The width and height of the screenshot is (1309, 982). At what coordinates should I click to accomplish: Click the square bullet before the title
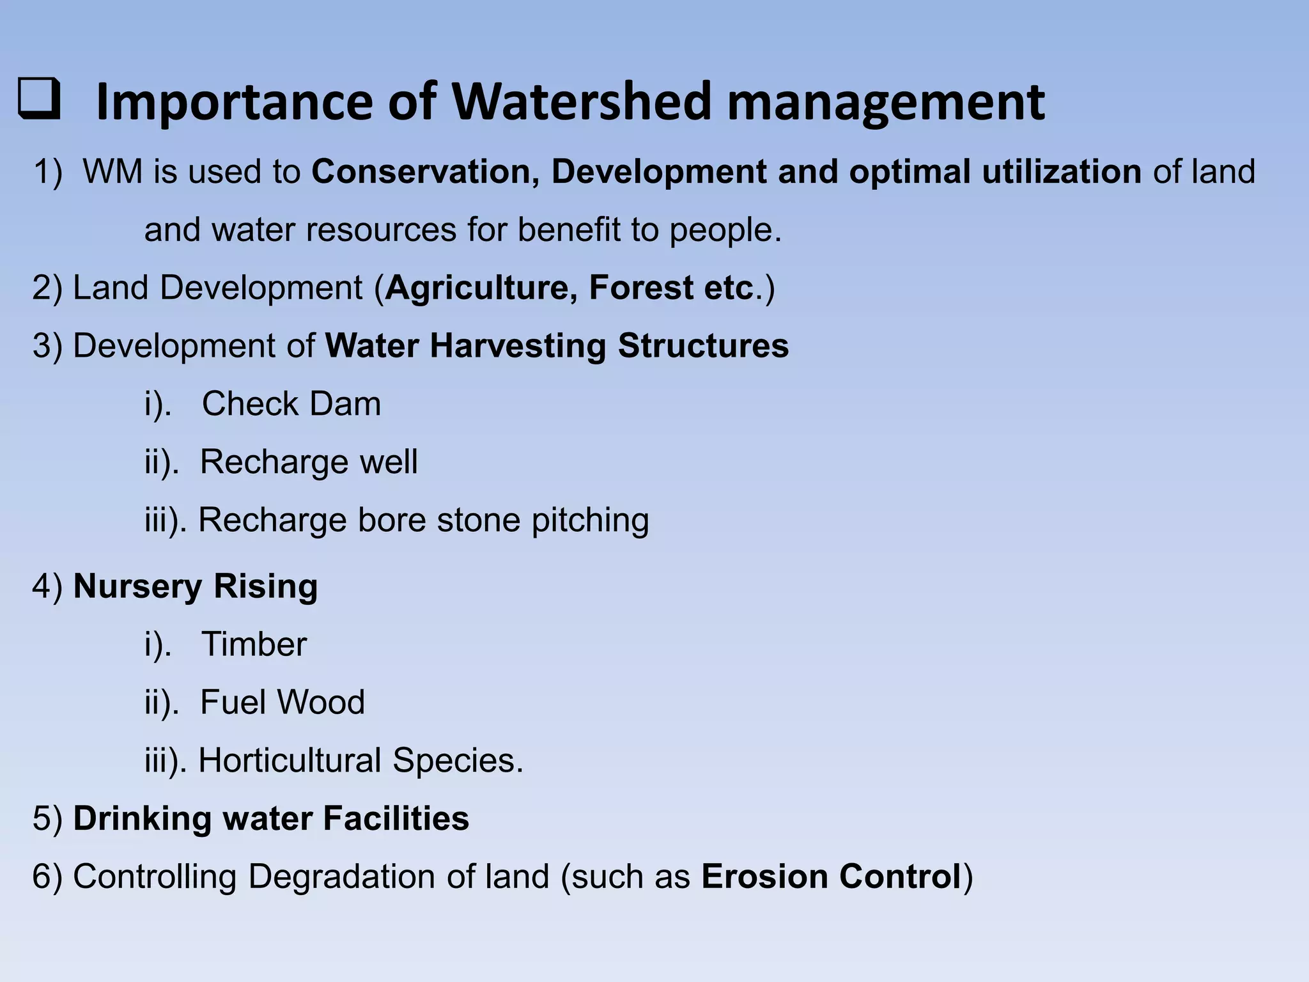pos(39,100)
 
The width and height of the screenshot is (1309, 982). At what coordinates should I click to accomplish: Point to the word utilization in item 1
pos(1061,172)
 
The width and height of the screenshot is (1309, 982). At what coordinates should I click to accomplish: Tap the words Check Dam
pos(291,404)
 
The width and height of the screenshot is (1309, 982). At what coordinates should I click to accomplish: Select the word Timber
pos(254,644)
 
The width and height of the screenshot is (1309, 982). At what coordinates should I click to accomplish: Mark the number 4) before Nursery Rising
pos(48,586)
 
